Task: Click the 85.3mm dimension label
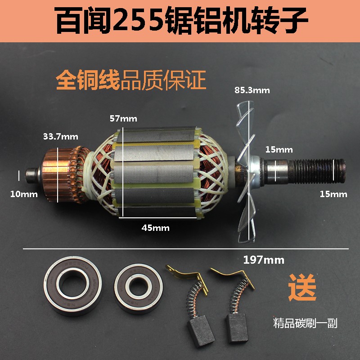[x=252, y=90]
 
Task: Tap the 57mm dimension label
[x=123, y=119]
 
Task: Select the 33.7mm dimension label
[x=61, y=135]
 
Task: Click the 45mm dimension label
[x=155, y=228]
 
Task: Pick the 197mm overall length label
[x=264, y=260]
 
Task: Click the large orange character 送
[x=302, y=288]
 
